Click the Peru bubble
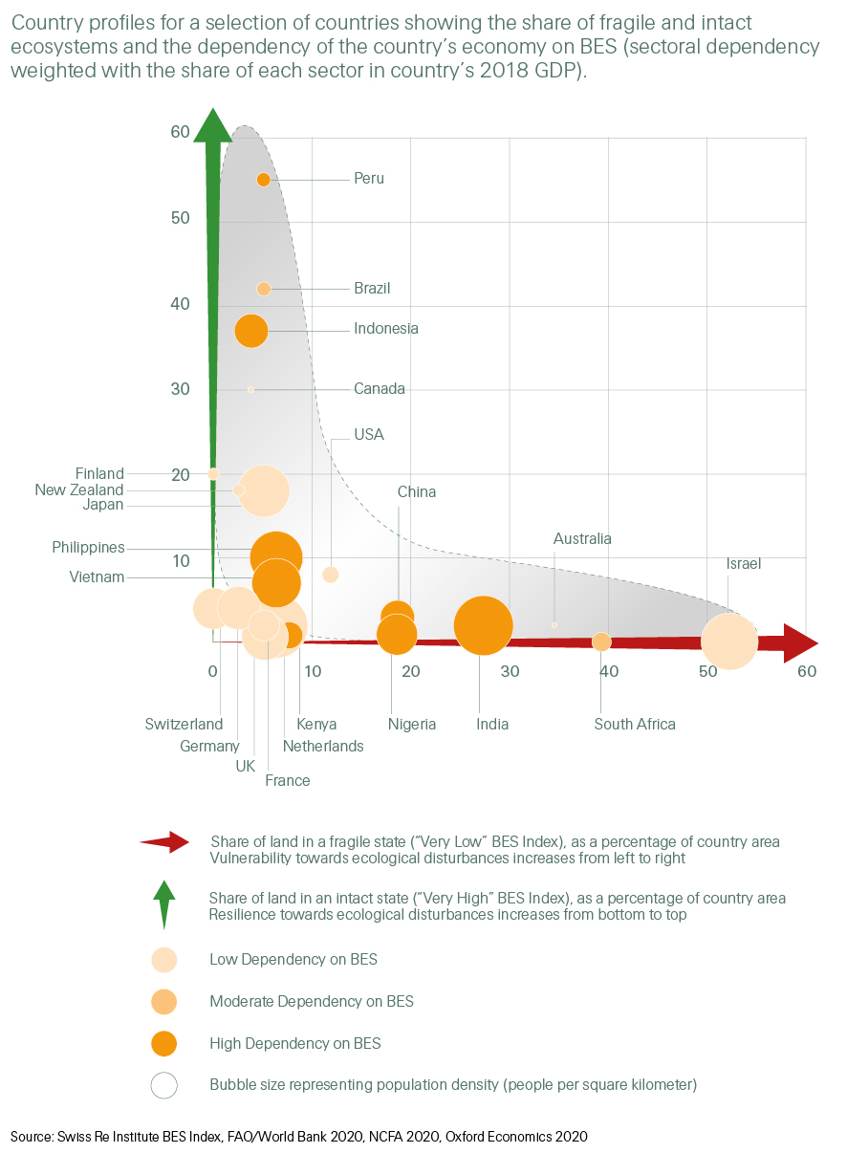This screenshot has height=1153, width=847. click(264, 180)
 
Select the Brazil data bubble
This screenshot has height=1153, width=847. click(264, 289)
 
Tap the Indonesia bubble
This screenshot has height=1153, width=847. click(251, 331)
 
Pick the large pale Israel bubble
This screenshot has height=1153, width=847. click(729, 642)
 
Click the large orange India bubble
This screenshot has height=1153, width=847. click(483, 625)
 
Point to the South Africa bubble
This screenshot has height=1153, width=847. click(601, 642)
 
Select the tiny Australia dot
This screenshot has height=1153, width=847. click(554, 625)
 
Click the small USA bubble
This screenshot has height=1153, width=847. click(331, 575)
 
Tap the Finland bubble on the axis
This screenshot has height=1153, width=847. click(213, 473)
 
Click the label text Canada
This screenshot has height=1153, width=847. click(380, 389)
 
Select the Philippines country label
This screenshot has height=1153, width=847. click(88, 548)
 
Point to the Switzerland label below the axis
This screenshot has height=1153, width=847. click(184, 725)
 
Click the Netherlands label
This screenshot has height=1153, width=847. click(323, 747)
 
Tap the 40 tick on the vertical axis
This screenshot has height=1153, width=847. click(180, 304)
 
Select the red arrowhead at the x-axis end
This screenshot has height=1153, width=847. click(799, 642)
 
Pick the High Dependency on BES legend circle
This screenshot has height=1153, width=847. click(164, 1043)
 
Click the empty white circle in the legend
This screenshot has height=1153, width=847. click(164, 1085)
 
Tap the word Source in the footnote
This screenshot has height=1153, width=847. click(33, 1137)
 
